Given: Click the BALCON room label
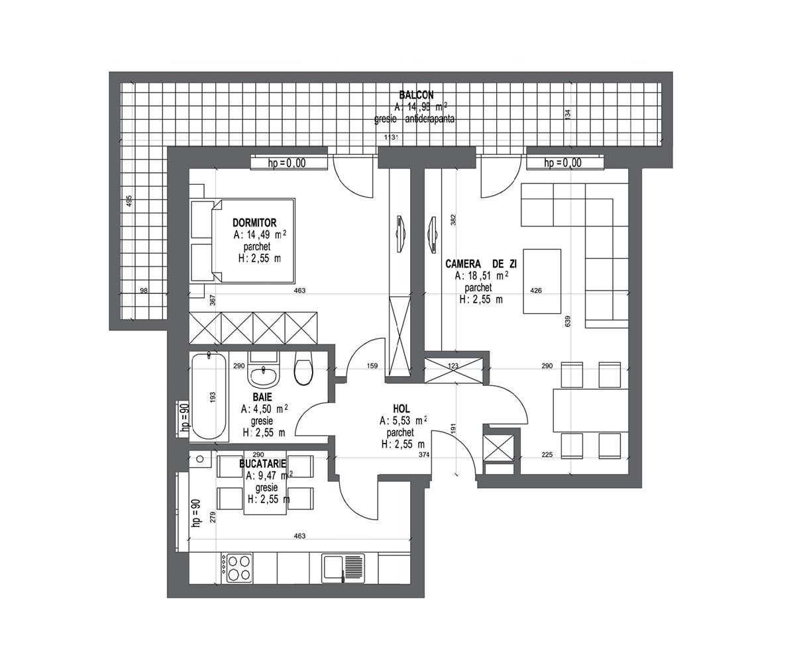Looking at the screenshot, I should pyautogui.click(x=416, y=95).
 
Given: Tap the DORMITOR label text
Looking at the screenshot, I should pyautogui.click(x=254, y=223).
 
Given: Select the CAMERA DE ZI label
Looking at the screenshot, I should pyautogui.click(x=481, y=263).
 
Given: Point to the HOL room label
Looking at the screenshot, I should pyautogui.click(x=401, y=408).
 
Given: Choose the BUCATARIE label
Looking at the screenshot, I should pyautogui.click(x=262, y=464).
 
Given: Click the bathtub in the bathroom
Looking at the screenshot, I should pyautogui.click(x=208, y=397).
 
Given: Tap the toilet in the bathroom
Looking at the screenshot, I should pyautogui.click(x=303, y=371).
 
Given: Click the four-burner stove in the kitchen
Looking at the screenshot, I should pyautogui.click(x=238, y=568).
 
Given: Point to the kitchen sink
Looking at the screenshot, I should pyautogui.click(x=343, y=568).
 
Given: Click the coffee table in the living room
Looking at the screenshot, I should pyautogui.click(x=542, y=281).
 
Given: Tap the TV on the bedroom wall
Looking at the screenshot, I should pyautogui.click(x=400, y=234).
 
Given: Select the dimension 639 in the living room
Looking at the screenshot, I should pyautogui.click(x=567, y=321).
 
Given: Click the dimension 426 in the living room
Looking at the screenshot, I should pyautogui.click(x=536, y=291).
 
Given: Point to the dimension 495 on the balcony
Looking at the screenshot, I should pyautogui.click(x=129, y=201).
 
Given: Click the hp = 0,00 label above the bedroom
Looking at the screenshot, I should pyautogui.click(x=287, y=164).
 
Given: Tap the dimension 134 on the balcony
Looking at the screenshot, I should pyautogui.click(x=567, y=114).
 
